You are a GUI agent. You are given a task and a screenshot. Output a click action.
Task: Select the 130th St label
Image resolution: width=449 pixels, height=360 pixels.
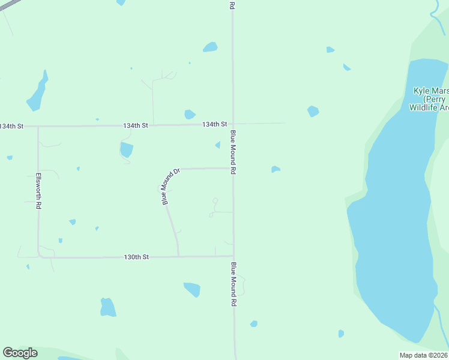(x=136, y=257)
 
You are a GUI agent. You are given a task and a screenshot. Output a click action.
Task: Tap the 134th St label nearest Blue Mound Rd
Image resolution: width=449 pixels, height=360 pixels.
(x=214, y=124)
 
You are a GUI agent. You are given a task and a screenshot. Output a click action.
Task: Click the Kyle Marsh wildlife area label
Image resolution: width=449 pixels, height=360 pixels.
(x=430, y=99)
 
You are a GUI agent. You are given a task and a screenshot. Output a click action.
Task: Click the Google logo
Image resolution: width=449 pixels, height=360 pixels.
(x=20, y=353)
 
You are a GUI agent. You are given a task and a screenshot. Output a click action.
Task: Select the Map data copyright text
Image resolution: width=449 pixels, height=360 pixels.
(x=423, y=355)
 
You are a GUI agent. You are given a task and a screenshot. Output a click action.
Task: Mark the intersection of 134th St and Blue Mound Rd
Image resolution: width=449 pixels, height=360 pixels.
(x=233, y=124)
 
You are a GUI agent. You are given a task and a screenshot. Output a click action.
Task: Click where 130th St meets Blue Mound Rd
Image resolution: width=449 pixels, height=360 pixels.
(x=234, y=256)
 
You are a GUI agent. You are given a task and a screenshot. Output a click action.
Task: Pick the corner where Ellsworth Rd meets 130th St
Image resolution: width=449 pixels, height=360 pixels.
(x=39, y=256)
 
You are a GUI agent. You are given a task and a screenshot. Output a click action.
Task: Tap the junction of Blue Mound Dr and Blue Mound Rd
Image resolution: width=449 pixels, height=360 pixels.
(x=234, y=169)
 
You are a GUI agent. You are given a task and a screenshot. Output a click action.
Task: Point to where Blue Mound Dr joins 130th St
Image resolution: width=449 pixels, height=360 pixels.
(x=179, y=256)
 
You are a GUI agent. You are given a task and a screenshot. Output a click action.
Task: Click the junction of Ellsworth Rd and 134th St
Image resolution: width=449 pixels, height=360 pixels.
(x=38, y=127)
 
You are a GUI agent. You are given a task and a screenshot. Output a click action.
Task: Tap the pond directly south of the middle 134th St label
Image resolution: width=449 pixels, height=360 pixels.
(x=126, y=149)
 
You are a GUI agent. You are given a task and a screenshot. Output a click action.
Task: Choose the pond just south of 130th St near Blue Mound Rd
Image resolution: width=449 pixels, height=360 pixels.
(x=192, y=289)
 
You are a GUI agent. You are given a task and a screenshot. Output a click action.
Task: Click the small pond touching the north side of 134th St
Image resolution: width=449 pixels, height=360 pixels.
(x=190, y=114)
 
